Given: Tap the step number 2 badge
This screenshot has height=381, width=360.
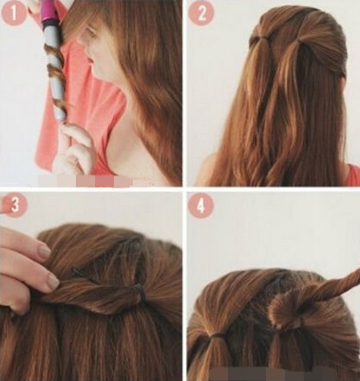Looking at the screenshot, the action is coord(201,13).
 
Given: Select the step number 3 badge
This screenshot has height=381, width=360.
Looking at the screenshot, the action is coord(15,205).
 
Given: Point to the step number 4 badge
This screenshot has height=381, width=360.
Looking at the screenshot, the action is coord(201,205).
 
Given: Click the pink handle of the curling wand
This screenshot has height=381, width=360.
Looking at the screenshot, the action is coord(49,13).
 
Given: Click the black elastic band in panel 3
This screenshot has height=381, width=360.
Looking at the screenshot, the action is coord(139,288).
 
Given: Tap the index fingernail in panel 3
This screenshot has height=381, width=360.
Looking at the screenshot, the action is coord(45,252).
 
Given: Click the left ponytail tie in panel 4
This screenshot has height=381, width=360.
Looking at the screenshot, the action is coord(218,335).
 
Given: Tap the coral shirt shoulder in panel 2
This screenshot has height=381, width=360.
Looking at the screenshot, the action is coord(353,175).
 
